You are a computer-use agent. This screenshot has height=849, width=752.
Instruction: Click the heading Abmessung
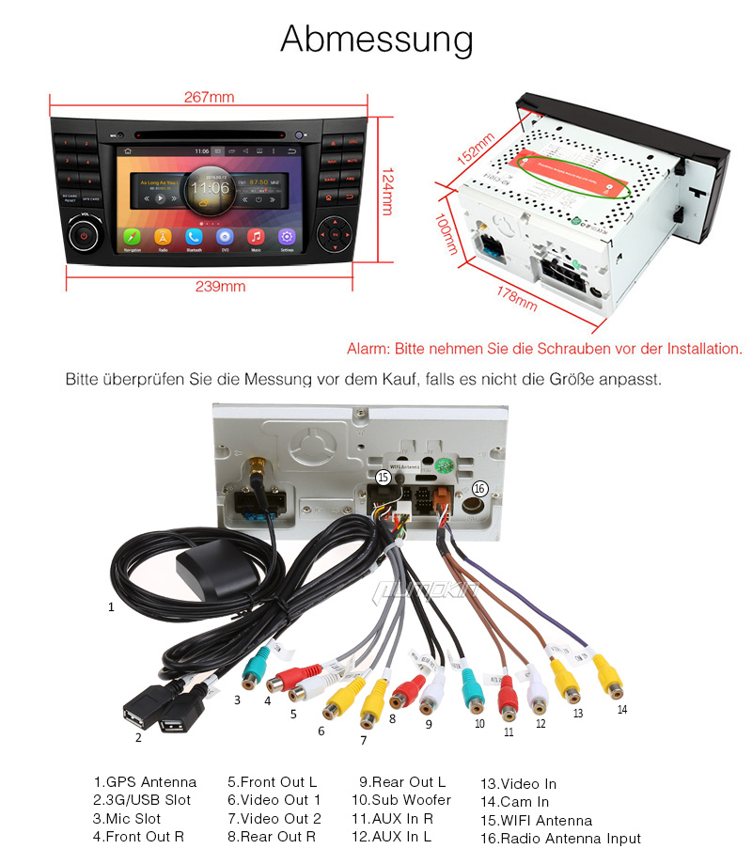376,39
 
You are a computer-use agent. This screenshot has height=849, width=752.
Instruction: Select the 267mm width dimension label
210,97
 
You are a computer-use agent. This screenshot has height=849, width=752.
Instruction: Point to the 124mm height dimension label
386,192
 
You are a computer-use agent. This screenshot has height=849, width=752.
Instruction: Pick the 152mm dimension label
476,150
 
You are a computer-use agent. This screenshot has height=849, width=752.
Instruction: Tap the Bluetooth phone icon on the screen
194,237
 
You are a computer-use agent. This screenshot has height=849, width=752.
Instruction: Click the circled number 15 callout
383,478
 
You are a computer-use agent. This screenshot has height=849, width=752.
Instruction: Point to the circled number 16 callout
479,488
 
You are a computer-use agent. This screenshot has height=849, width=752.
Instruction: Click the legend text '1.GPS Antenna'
145,781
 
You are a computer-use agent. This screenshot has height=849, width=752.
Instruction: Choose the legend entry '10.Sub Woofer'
400,799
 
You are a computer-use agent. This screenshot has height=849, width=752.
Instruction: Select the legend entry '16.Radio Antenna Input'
560,838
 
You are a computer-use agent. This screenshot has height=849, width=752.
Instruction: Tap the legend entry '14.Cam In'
514,801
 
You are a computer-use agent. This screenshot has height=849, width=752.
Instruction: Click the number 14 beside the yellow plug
621,709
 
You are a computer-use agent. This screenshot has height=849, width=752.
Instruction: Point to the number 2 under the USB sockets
138,737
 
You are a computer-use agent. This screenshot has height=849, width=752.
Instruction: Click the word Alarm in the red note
368,349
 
